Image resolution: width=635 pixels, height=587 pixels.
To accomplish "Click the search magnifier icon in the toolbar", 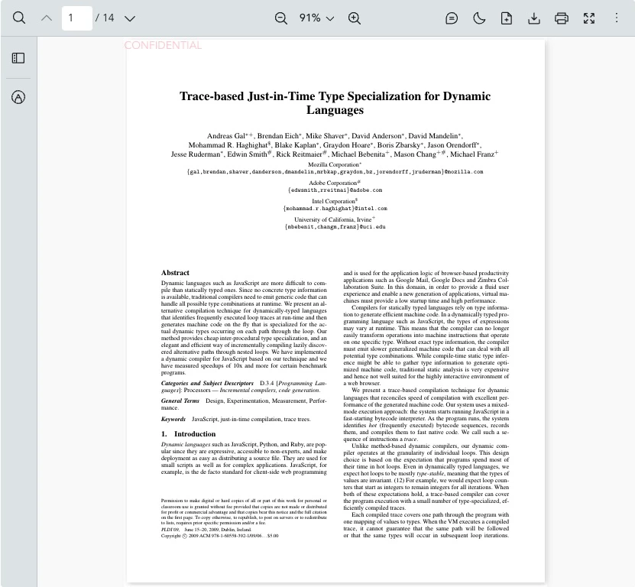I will [x=19, y=18].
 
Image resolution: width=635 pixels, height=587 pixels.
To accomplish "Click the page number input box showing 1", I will [x=76, y=18].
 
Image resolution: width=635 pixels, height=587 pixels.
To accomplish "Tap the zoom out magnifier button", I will [x=281, y=18].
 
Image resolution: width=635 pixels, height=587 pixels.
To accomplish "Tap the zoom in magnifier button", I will [x=354, y=18].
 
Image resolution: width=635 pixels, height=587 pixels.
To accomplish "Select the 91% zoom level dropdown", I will [x=316, y=18].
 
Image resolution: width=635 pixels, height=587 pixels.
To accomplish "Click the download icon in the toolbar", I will [x=534, y=18].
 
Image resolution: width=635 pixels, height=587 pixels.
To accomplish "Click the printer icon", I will [x=562, y=18].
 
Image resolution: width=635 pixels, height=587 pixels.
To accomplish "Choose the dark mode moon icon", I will [x=479, y=18].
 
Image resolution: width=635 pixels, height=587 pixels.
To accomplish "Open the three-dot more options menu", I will [x=617, y=18].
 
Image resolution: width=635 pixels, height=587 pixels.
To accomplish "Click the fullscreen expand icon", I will [x=589, y=18].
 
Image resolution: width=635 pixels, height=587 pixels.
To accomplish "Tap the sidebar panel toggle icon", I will [x=18, y=58].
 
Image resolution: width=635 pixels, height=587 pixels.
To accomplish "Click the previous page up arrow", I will [x=47, y=18].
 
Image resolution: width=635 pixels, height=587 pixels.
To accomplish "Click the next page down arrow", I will [x=130, y=18].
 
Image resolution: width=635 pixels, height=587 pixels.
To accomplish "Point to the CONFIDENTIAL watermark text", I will [x=163, y=46].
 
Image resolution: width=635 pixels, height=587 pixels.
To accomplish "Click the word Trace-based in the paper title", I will [x=212, y=96].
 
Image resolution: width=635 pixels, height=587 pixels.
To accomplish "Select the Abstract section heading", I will [x=175, y=273].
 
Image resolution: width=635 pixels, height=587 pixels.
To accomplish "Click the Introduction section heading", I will [x=194, y=434].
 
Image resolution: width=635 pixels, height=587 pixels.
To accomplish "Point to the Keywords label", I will [x=173, y=419].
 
